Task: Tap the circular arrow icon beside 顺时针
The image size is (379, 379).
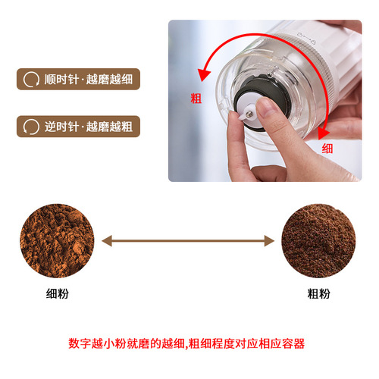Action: (31, 80)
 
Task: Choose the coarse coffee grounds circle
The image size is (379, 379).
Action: (318, 240)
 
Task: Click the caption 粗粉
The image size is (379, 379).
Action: (318, 292)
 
